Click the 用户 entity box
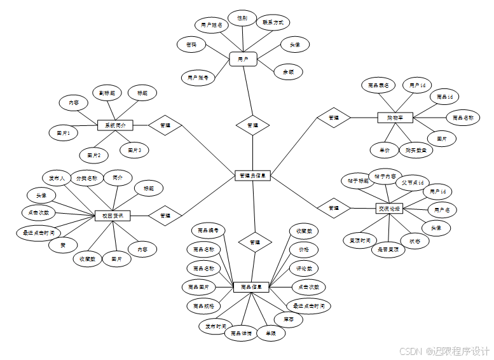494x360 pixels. [x=242, y=59]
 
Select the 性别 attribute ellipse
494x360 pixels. [x=242, y=18]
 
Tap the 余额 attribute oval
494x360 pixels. [x=288, y=73]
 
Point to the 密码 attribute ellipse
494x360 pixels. [x=191, y=45]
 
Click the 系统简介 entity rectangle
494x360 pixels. [x=115, y=125]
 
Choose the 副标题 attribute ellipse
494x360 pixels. [x=107, y=93]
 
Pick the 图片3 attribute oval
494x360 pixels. [x=135, y=151]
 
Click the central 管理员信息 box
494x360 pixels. [x=252, y=176]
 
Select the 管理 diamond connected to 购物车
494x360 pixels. [x=334, y=118]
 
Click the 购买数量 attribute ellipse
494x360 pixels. [x=416, y=150]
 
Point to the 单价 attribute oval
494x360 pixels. [x=384, y=150]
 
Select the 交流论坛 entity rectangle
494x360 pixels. [x=388, y=208]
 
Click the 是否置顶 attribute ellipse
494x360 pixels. [x=388, y=250]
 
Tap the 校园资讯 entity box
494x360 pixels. [x=113, y=216]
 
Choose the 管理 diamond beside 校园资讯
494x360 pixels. [x=165, y=216]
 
